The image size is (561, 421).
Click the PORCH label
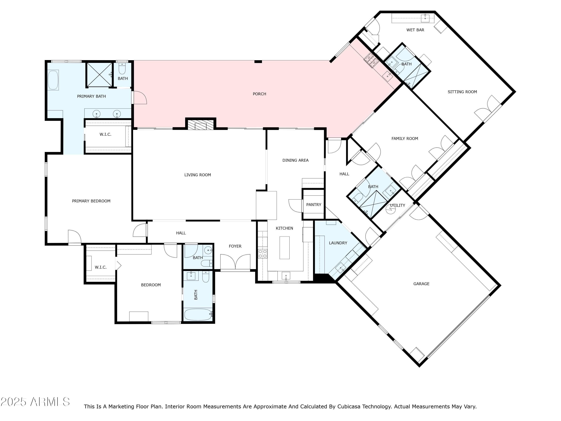tap(259, 94)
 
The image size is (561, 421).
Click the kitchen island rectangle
tap(284, 248)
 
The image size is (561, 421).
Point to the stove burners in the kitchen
tap(263, 254)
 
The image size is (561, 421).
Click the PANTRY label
tap(313, 205)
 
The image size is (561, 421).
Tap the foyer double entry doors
tap(235, 262)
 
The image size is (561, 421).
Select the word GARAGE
tap(421, 284)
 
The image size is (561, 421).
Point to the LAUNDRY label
tap(338, 243)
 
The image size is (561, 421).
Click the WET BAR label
tap(415, 30)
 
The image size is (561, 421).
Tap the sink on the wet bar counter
tap(425, 18)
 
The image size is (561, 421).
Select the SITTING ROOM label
tap(462, 92)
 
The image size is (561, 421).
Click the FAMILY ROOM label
tap(404, 139)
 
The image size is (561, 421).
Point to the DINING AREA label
tap(295, 160)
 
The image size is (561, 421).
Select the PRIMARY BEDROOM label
tap(91, 201)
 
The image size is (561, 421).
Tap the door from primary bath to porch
tap(140, 97)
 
